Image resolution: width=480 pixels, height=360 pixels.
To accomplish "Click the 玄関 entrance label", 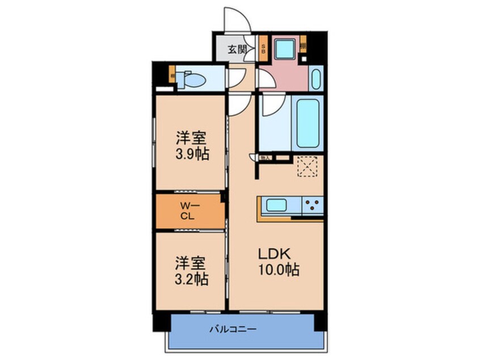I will point(237,49).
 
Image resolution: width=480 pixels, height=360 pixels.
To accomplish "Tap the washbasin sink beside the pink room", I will point(317,78).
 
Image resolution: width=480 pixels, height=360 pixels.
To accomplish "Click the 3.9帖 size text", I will point(191,154).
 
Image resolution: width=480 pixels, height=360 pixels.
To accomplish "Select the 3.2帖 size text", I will point(191,279).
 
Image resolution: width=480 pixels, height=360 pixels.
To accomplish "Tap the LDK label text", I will point(277,252).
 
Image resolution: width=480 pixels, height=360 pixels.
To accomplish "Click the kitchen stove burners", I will point(311,205).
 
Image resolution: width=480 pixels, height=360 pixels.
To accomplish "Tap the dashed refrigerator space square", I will point(308,165).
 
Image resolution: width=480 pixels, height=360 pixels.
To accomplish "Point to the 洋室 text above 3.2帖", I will point(191,263).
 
